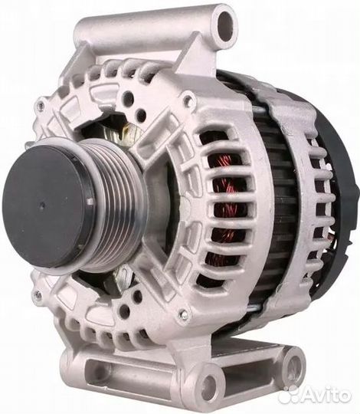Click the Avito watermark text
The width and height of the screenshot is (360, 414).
coord(327,396)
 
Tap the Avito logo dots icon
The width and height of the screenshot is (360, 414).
coord(290,396)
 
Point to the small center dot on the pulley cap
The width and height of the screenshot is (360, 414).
coord(41,205)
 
